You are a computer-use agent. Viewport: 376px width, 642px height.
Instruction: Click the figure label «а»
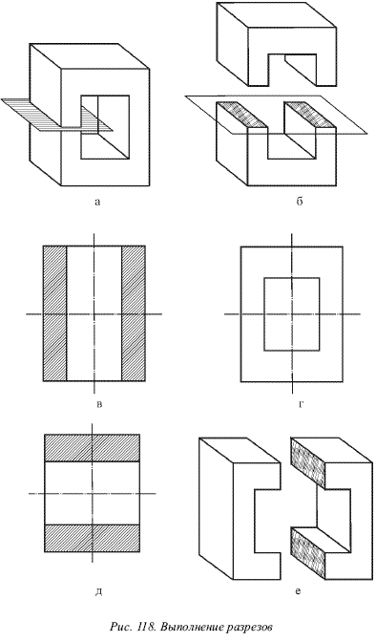(97, 202)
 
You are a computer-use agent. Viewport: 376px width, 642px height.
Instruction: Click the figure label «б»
(299, 201)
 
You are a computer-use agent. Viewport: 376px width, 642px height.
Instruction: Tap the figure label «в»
(99, 405)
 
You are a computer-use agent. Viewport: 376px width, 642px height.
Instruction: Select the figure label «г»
(301, 405)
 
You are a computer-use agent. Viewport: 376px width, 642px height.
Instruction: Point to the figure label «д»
(98, 592)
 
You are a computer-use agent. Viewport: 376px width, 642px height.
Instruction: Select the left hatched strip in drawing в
(54, 313)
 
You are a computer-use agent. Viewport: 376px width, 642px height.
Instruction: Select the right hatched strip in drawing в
(134, 313)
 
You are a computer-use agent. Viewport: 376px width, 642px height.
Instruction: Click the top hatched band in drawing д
(92, 447)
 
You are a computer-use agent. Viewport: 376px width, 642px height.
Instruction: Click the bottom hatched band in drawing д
(92, 538)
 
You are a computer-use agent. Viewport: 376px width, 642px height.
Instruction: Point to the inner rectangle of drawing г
(292, 278)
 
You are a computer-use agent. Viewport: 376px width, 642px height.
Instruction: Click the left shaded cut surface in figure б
(241, 115)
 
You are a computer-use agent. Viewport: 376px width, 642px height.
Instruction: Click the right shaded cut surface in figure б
(310, 115)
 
